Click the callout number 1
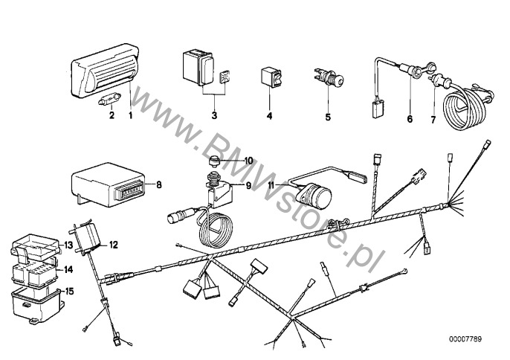[130, 115]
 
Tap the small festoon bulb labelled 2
[110, 99]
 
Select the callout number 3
[214, 115]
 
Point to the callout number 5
[328, 117]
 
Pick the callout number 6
[410, 119]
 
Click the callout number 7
[433, 120]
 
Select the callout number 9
[248, 185]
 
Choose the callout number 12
[113, 245]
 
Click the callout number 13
[68, 245]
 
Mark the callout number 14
[68, 269]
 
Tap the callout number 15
[69, 291]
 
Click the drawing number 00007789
[465, 339]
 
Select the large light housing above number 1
[105, 70]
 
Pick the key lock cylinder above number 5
[327, 77]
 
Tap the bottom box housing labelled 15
[37, 305]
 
